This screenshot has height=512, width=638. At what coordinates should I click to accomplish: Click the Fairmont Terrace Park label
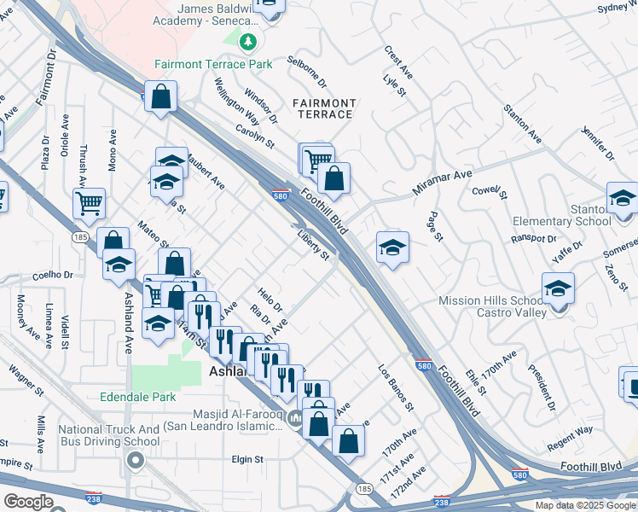coord(213,64)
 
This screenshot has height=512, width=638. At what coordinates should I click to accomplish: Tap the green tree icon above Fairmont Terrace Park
coord(247,41)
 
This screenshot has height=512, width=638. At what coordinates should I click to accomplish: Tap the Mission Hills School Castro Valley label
coord(491,307)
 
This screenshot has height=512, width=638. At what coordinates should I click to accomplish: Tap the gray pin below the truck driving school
coord(135,462)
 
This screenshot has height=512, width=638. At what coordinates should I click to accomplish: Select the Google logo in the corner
coord(28,502)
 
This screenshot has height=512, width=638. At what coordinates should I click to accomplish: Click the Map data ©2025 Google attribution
coord(584,505)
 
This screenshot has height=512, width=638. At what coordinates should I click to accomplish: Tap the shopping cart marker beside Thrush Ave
coord(89,203)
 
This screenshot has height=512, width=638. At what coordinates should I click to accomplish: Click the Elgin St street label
coord(248,459)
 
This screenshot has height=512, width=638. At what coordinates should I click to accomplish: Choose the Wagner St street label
coord(26,381)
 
